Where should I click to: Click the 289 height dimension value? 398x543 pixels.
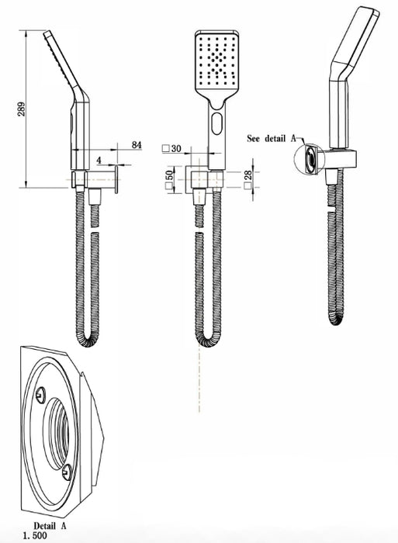pyautogui.click(x=22, y=109)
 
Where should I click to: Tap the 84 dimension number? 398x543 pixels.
pyautogui.click(x=137, y=145)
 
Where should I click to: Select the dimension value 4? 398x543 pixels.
pyautogui.click(x=99, y=161)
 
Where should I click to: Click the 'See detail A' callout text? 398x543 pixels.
pyautogui.click(x=272, y=139)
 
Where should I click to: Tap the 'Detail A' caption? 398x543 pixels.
pyautogui.click(x=50, y=526)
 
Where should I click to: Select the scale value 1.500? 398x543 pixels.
pyautogui.click(x=35, y=536)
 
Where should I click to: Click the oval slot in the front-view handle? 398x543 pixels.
pyautogui.click(x=217, y=123)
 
